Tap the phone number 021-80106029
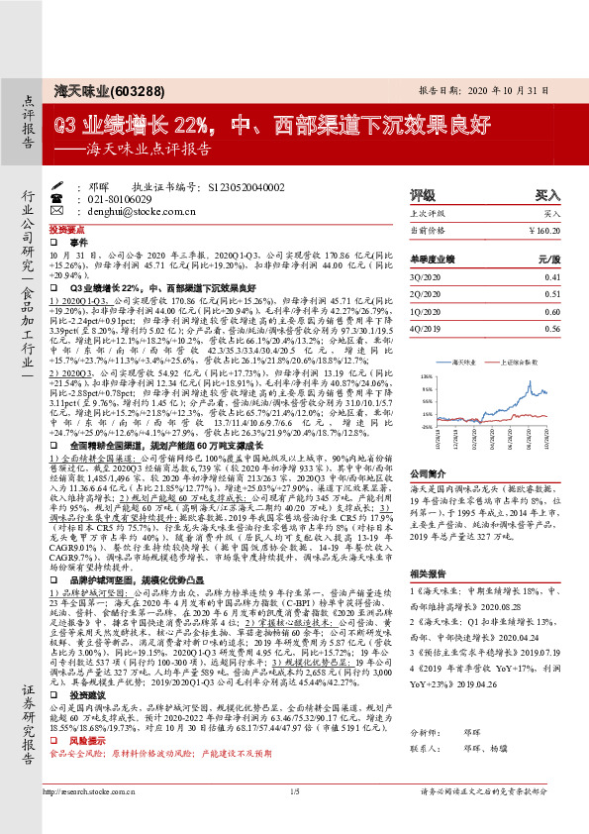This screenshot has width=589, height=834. pos(127,198)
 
